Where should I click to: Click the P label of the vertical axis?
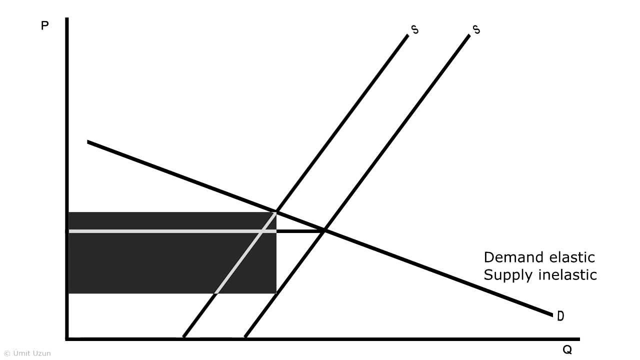coord(44,25)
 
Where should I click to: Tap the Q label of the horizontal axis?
coord(567,350)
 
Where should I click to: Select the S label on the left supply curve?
coord(414,29)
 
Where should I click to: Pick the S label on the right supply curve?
coord(476,29)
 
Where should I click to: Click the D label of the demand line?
coord(560,316)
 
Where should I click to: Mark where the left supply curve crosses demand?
coord(276,211)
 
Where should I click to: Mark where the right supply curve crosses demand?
coord(324,230)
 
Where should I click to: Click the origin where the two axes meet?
coord(67,338)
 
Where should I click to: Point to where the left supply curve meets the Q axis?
coord(183,337)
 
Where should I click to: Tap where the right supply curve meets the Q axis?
coord(245,337)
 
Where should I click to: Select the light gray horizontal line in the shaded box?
coord(165,231)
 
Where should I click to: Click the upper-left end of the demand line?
coord(89,142)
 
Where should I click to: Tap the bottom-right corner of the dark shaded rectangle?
coord(275,292)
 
